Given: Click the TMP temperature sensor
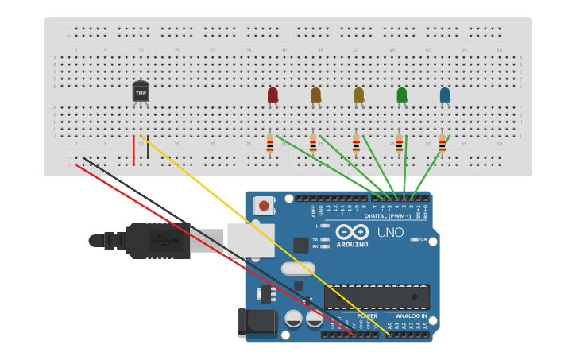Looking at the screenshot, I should click(141, 92).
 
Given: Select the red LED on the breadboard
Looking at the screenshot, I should click(273, 95).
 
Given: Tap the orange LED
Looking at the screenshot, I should click(315, 95).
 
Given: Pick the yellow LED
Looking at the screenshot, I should click(358, 95).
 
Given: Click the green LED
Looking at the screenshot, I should click(401, 95).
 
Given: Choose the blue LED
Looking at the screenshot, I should click(444, 95).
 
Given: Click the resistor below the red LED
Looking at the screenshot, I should click(270, 144).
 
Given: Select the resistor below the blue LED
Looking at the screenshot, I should click(442, 144).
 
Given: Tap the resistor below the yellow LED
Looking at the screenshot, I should click(356, 144).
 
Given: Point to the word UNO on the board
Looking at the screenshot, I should click(391, 233).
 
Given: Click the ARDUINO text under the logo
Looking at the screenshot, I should click(352, 244).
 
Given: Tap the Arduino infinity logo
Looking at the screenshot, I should click(352, 231).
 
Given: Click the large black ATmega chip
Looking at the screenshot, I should click(377, 296).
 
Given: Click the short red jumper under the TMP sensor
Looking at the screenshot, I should click(133, 150).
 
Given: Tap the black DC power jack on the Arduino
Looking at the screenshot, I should click(257, 322).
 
